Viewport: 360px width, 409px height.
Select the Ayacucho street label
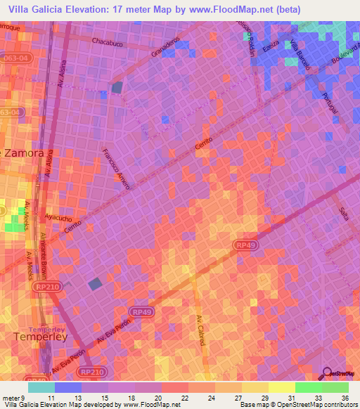tap(59, 218)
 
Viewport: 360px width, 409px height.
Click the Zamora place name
tap(26, 152)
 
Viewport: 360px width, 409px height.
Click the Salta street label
tap(343, 208)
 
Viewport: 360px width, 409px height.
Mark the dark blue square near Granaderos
tap(117, 87)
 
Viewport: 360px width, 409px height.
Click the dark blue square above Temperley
tap(95, 284)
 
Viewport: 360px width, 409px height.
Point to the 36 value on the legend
tap(345, 398)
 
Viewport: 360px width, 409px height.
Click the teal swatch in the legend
tap(41, 387)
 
